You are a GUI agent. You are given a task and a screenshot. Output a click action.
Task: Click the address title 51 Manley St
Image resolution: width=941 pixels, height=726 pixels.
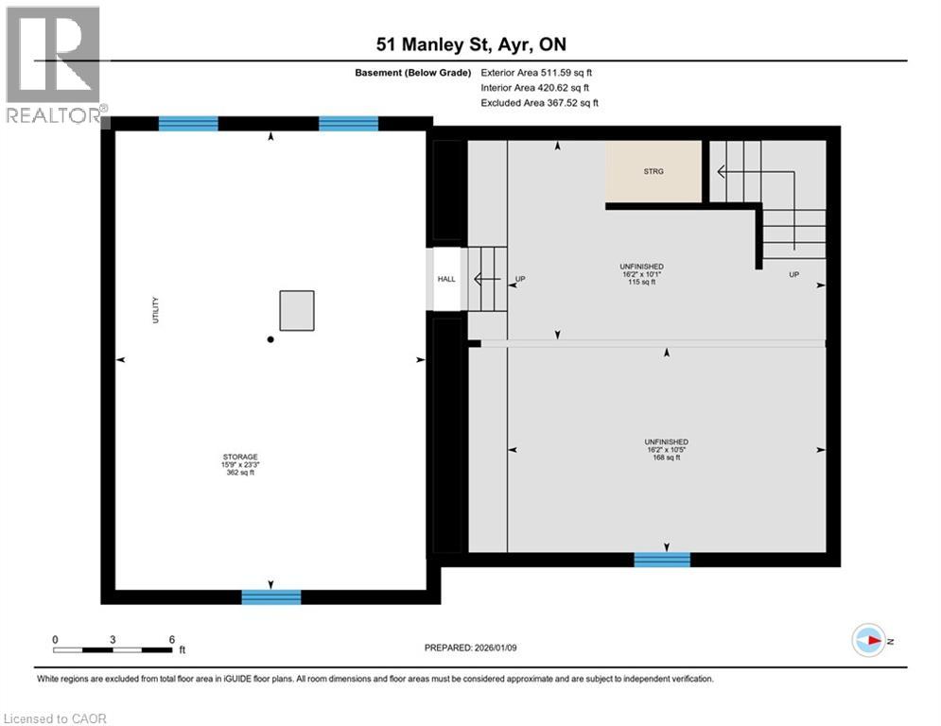coord(470,44)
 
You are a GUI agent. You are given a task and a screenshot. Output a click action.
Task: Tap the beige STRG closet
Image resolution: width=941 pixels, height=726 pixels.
coord(653,171)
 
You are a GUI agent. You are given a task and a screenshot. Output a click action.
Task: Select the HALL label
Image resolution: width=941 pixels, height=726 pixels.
coord(445,279)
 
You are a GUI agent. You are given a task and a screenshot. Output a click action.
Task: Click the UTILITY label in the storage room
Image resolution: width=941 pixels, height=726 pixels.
coord(157,311)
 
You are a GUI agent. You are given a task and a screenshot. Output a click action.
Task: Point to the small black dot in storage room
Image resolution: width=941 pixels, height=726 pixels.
coord(270,339)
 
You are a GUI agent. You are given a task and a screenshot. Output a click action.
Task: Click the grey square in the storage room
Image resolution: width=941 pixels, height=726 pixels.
coord(296,310)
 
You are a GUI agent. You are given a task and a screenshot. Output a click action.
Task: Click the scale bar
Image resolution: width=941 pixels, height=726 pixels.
coord(113,649)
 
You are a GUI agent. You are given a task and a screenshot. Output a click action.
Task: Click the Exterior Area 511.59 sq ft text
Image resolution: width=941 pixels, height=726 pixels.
coord(537,72)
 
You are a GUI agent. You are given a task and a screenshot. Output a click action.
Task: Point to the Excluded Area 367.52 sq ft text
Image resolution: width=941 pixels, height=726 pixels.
coord(539,103)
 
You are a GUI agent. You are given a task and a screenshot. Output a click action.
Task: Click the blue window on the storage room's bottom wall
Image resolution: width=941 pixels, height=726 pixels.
coord(271,596)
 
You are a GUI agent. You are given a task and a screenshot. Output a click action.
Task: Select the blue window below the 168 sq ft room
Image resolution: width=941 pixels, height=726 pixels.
coord(662,560)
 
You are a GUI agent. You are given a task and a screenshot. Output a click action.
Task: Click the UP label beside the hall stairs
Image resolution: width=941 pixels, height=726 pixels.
coord(519,280)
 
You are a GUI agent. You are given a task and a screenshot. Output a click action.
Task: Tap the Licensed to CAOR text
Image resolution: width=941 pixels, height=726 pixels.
coord(56,718)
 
